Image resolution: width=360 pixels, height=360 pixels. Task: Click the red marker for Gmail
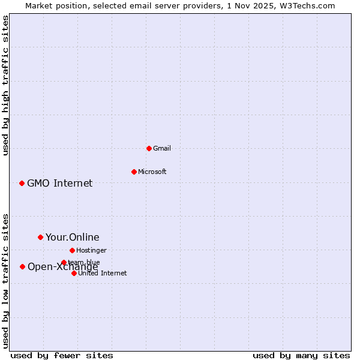149,148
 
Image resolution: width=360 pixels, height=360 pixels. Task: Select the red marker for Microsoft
134,172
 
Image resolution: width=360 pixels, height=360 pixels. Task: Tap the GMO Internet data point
22,183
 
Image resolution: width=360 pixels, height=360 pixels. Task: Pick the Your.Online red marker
40,237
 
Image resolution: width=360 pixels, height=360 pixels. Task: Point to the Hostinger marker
72,250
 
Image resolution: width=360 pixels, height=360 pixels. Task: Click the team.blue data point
64,262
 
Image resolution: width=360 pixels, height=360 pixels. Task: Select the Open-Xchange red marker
22,266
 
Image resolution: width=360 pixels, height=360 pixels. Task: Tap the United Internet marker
74,273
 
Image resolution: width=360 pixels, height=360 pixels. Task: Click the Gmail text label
162,148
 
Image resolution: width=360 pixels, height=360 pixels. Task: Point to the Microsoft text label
152,172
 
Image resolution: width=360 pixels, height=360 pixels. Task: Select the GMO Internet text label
60,183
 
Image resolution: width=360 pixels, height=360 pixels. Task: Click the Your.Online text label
73,237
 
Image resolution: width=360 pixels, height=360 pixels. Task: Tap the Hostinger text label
92,250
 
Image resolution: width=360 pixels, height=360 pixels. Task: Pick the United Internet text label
103,273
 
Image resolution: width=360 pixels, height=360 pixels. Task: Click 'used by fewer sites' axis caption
62,355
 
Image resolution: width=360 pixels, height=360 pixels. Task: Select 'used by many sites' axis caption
301,355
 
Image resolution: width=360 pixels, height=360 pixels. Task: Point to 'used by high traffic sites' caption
6,85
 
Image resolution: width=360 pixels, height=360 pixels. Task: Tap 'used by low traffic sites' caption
6,281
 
